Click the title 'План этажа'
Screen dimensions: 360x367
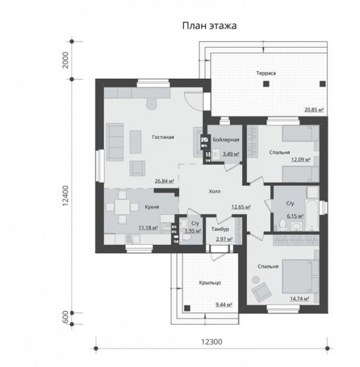click(210, 26)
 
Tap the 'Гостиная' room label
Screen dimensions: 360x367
click(163, 137)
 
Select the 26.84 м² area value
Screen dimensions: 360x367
click(164, 181)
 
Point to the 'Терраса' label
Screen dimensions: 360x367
click(266, 73)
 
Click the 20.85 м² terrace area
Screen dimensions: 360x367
click(314, 109)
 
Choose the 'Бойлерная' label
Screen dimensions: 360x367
click(226, 139)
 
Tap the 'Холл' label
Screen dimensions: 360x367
click(215, 191)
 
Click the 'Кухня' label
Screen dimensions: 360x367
click(152, 207)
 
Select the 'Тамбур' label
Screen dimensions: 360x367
click(220, 229)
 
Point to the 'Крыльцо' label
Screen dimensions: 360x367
click(210, 283)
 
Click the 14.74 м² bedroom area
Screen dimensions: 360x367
click(300, 298)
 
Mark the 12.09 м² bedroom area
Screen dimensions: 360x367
click(301, 160)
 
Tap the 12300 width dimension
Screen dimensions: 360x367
click(211, 342)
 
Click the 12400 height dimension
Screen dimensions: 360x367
click(66, 196)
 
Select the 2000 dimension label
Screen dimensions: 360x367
click(66, 60)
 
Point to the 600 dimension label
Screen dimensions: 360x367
click(66, 317)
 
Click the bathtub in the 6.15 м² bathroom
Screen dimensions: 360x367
click(312, 215)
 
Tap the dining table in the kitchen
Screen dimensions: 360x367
click(122, 207)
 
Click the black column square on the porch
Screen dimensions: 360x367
click(187, 308)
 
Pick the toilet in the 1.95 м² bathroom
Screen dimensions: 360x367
click(186, 237)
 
